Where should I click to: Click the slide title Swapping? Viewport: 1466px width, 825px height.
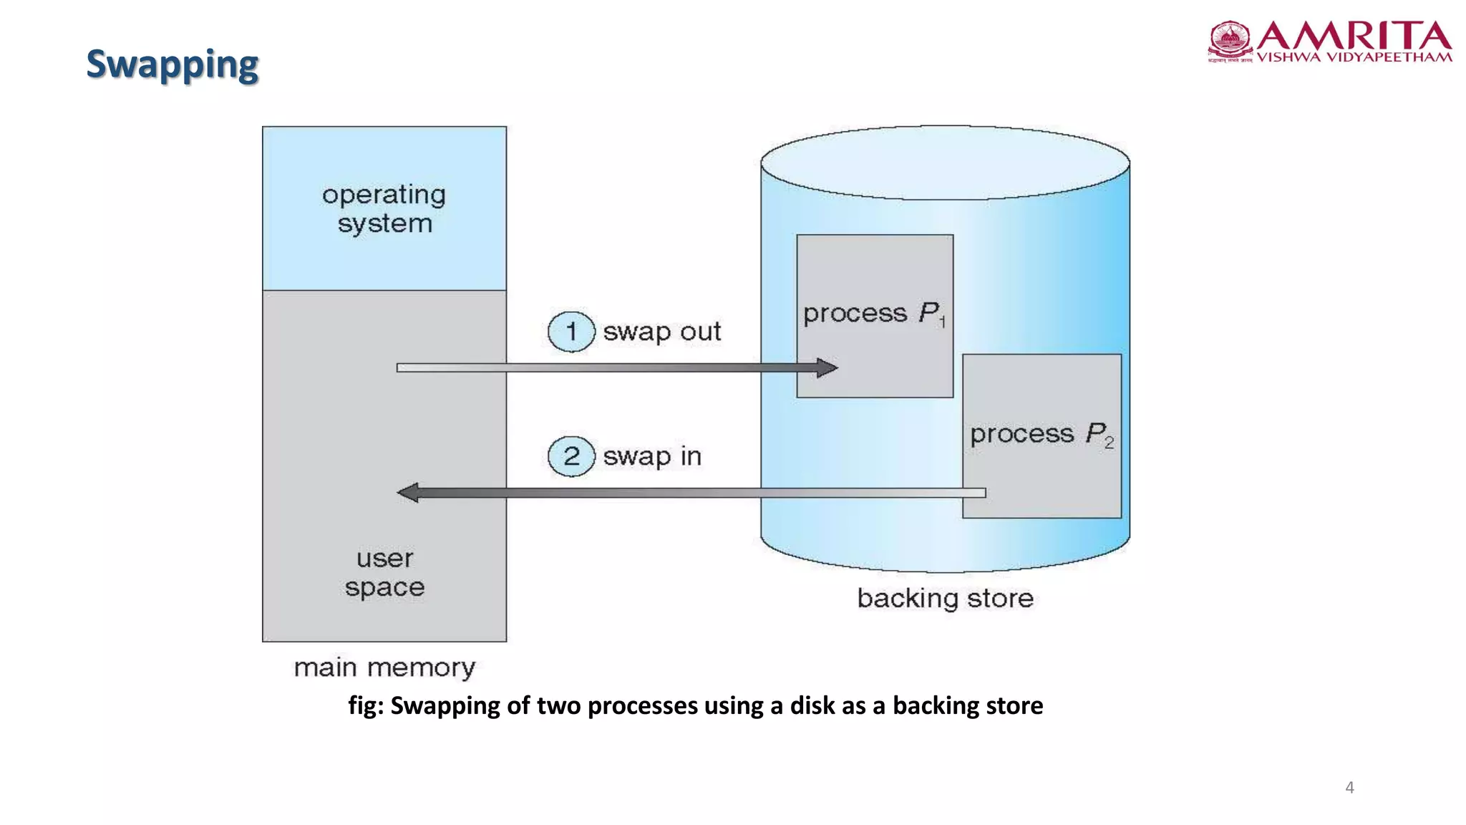(172, 64)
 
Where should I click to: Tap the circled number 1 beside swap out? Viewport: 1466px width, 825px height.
(571, 332)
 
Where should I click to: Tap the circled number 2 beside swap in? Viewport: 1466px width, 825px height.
(571, 456)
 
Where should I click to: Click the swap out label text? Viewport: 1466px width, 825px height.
(661, 332)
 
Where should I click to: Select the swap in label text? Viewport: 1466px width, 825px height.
(652, 456)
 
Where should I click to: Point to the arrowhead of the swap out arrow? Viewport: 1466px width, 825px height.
(828, 368)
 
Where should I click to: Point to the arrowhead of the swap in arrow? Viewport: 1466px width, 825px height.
(408, 493)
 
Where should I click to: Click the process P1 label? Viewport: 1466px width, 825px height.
(874, 314)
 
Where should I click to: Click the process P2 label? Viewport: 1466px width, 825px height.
(1042, 434)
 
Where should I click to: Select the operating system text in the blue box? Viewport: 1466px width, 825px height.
(384, 209)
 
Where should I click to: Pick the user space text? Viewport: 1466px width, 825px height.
(384, 573)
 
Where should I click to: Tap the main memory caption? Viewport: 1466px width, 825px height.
(384, 668)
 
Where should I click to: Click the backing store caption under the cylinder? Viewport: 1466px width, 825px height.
(945, 599)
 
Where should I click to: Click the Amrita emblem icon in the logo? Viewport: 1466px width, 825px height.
(1230, 40)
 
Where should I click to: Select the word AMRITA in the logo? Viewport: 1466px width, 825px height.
(1354, 35)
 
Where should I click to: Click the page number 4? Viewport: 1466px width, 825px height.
(1349, 788)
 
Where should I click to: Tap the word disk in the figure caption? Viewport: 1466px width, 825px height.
(812, 706)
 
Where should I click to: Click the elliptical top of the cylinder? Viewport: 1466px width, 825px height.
(945, 163)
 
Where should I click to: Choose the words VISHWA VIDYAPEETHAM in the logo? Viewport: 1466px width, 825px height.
(1354, 57)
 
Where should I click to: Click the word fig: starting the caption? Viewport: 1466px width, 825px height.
(366, 706)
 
